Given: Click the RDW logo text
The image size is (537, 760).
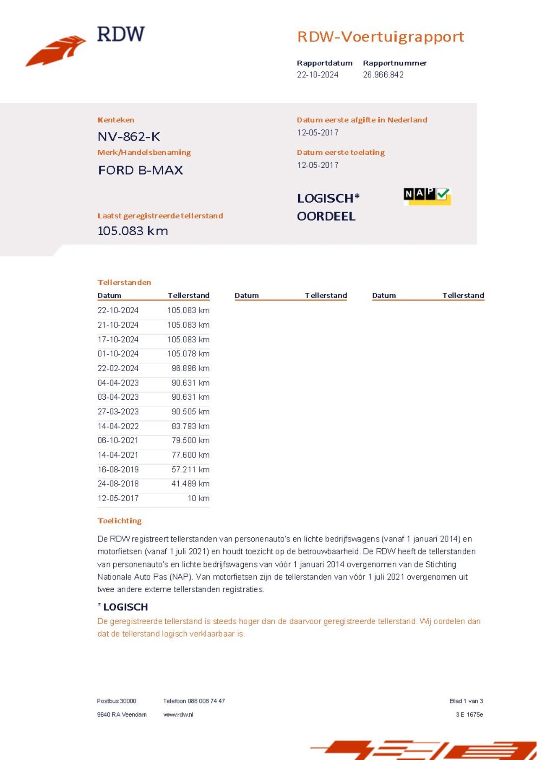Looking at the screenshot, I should tap(121, 34).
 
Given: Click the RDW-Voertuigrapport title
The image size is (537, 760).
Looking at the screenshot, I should tap(380, 37).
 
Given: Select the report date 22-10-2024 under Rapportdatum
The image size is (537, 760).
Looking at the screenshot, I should tap(318, 75).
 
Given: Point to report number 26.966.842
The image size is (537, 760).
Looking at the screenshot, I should tap(383, 75).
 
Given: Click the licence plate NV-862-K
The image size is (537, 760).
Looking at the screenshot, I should tap(129, 137).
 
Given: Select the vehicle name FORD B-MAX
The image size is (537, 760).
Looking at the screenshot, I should tap(141, 170).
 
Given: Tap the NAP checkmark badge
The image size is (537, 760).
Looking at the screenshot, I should tap(427, 195).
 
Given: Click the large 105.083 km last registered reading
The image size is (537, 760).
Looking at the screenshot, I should tap(133, 231).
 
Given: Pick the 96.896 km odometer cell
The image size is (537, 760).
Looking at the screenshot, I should tap(190, 368).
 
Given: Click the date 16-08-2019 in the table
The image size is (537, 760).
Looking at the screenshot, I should tap(118, 469).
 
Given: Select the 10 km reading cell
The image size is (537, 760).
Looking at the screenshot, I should tap(198, 498).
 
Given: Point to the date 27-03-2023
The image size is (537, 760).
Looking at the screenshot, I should tap(118, 411).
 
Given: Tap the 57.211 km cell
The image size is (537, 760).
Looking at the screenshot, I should tap(190, 469).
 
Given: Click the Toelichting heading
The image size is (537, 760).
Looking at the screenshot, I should tap(120, 521).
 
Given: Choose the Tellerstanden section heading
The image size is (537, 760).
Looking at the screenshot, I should tap(124, 282).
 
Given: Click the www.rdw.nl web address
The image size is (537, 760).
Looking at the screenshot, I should tap(178, 714).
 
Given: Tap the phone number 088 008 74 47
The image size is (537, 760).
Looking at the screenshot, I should tap(206, 701).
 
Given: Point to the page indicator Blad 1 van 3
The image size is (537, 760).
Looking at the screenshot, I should tap(466, 701).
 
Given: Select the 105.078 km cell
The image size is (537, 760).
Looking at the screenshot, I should tap(188, 354).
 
